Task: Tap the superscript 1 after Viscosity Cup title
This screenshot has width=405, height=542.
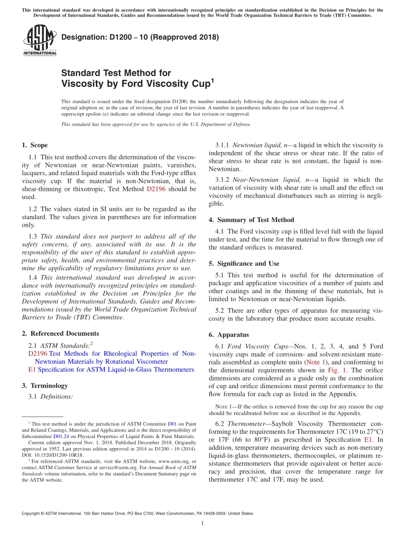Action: [x=212, y=80]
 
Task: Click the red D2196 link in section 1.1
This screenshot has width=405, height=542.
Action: [x=156, y=189]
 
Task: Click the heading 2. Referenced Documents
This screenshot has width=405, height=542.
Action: [x=60, y=334]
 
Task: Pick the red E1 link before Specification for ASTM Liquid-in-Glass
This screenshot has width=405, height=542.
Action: [x=32, y=369]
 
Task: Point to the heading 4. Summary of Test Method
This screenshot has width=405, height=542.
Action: [x=251, y=220]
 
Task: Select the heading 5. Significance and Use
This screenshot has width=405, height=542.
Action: [x=244, y=264]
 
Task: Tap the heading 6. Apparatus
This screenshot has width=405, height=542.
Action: [x=229, y=335]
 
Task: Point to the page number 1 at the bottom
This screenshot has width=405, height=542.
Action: [x=202, y=523]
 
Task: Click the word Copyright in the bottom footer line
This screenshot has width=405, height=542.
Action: [x=31, y=513]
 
